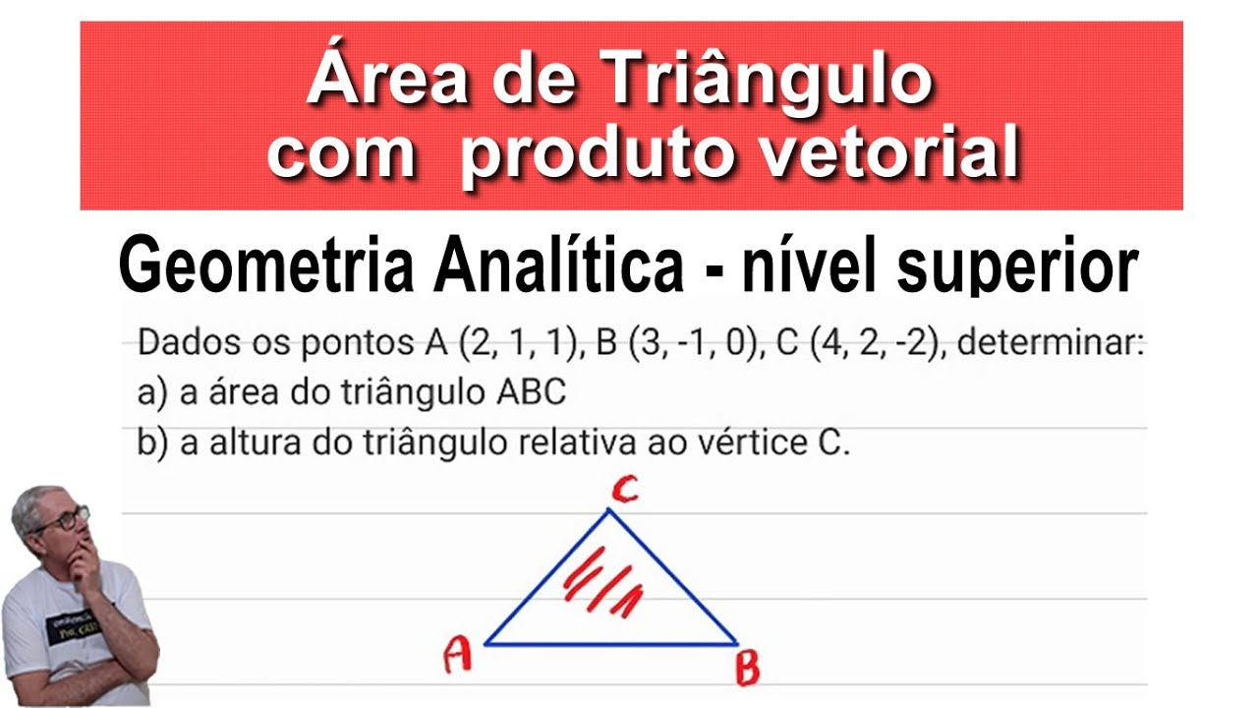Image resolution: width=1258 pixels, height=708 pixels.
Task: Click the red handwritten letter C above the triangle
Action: point(621,489)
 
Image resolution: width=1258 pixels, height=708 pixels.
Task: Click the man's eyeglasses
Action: point(64,519)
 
